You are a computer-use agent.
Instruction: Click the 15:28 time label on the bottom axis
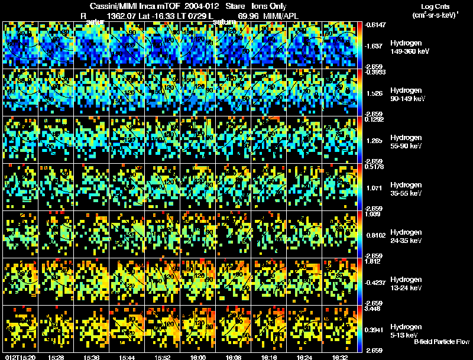(x=56, y=357)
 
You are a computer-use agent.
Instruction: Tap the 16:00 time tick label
(x=199, y=357)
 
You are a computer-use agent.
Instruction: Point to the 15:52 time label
(x=163, y=357)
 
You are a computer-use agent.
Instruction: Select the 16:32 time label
(x=340, y=357)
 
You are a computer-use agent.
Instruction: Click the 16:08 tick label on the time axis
(x=234, y=357)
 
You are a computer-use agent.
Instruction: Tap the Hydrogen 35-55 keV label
(x=407, y=189)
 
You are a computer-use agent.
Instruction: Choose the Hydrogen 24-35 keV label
(x=407, y=236)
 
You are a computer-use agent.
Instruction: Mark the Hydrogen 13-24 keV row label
(x=407, y=283)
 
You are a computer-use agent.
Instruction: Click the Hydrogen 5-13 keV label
(x=406, y=330)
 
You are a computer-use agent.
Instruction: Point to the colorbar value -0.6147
(x=376, y=25)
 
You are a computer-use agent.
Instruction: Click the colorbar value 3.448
(x=375, y=309)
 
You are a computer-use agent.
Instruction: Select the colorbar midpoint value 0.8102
(x=376, y=235)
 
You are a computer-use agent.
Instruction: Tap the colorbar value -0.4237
(x=377, y=282)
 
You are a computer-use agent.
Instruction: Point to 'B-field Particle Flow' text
(x=442, y=342)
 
